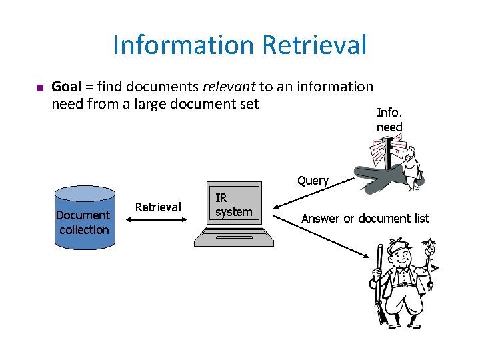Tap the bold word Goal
pyautogui.click(x=66, y=87)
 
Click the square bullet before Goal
pyautogui.click(x=39, y=87)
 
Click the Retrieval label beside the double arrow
pyautogui.click(x=158, y=207)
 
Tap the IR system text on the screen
pyautogui.click(x=233, y=205)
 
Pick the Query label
pyautogui.click(x=313, y=181)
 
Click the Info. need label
pyautogui.click(x=389, y=120)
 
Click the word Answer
pyautogui.click(x=320, y=219)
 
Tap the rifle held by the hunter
pyautogui.click(x=379, y=280)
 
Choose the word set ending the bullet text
pyautogui.click(x=247, y=104)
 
